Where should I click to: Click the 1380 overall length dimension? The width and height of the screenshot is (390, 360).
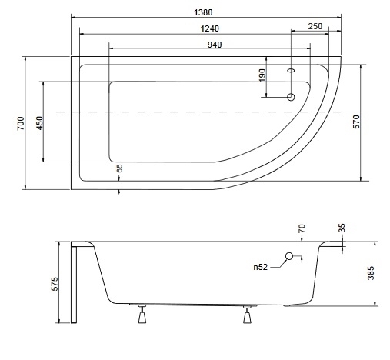click(x=203, y=12)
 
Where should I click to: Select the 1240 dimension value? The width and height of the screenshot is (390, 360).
click(x=210, y=28)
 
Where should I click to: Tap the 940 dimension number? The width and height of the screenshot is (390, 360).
click(x=215, y=45)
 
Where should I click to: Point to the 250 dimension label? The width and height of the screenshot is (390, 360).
click(x=315, y=26)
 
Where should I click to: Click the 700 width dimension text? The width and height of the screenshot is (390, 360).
click(x=21, y=123)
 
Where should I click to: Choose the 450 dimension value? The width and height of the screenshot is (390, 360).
click(x=40, y=123)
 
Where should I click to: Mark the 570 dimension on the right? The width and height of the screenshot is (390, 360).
click(x=357, y=122)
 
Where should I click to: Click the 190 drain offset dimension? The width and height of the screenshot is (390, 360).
click(x=262, y=75)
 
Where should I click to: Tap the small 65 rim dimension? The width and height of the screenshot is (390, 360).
click(x=119, y=168)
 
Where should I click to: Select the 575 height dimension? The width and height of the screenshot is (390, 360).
click(x=55, y=284)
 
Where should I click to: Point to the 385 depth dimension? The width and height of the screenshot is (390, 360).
click(x=371, y=273)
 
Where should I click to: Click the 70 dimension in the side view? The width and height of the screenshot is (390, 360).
click(x=302, y=228)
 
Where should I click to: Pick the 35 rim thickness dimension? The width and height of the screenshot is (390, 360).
click(x=342, y=228)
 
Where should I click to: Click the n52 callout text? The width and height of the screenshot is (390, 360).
click(x=261, y=267)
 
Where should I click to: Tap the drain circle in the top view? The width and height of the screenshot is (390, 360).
click(x=291, y=97)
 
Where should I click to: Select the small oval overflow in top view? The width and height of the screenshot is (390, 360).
click(x=291, y=70)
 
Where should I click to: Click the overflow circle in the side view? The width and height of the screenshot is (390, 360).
click(x=289, y=256)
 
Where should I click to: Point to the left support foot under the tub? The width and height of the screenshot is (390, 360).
click(x=142, y=314)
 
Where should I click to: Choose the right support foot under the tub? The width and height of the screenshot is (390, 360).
click(x=247, y=315)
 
